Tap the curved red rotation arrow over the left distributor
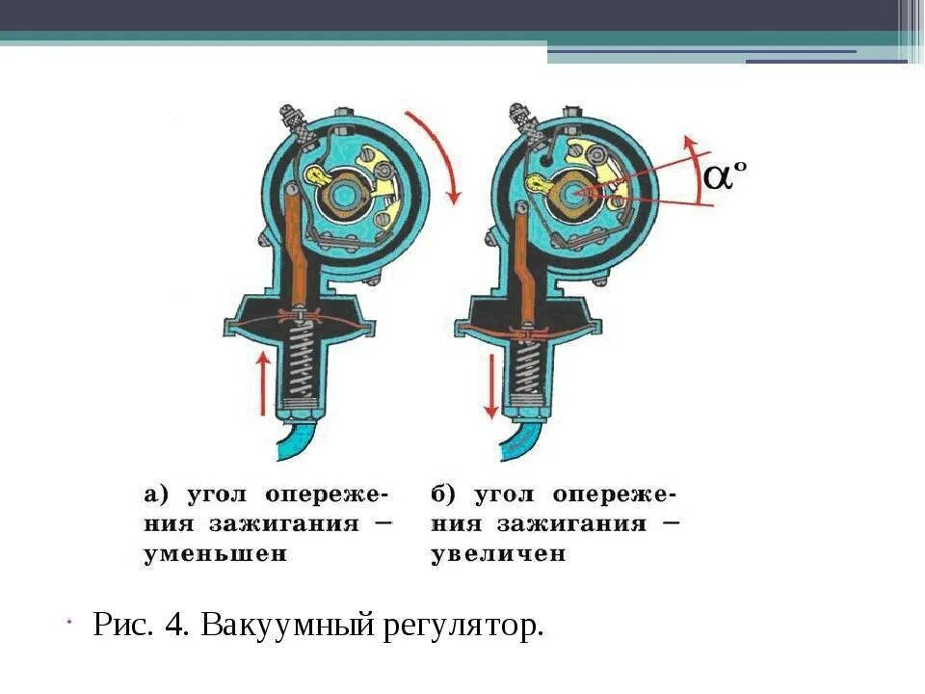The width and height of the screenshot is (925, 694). click(x=438, y=154)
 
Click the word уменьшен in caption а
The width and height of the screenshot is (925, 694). click(x=216, y=555)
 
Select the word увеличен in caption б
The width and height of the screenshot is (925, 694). click(x=498, y=555)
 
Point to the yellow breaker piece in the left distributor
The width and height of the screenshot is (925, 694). click(x=318, y=175)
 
